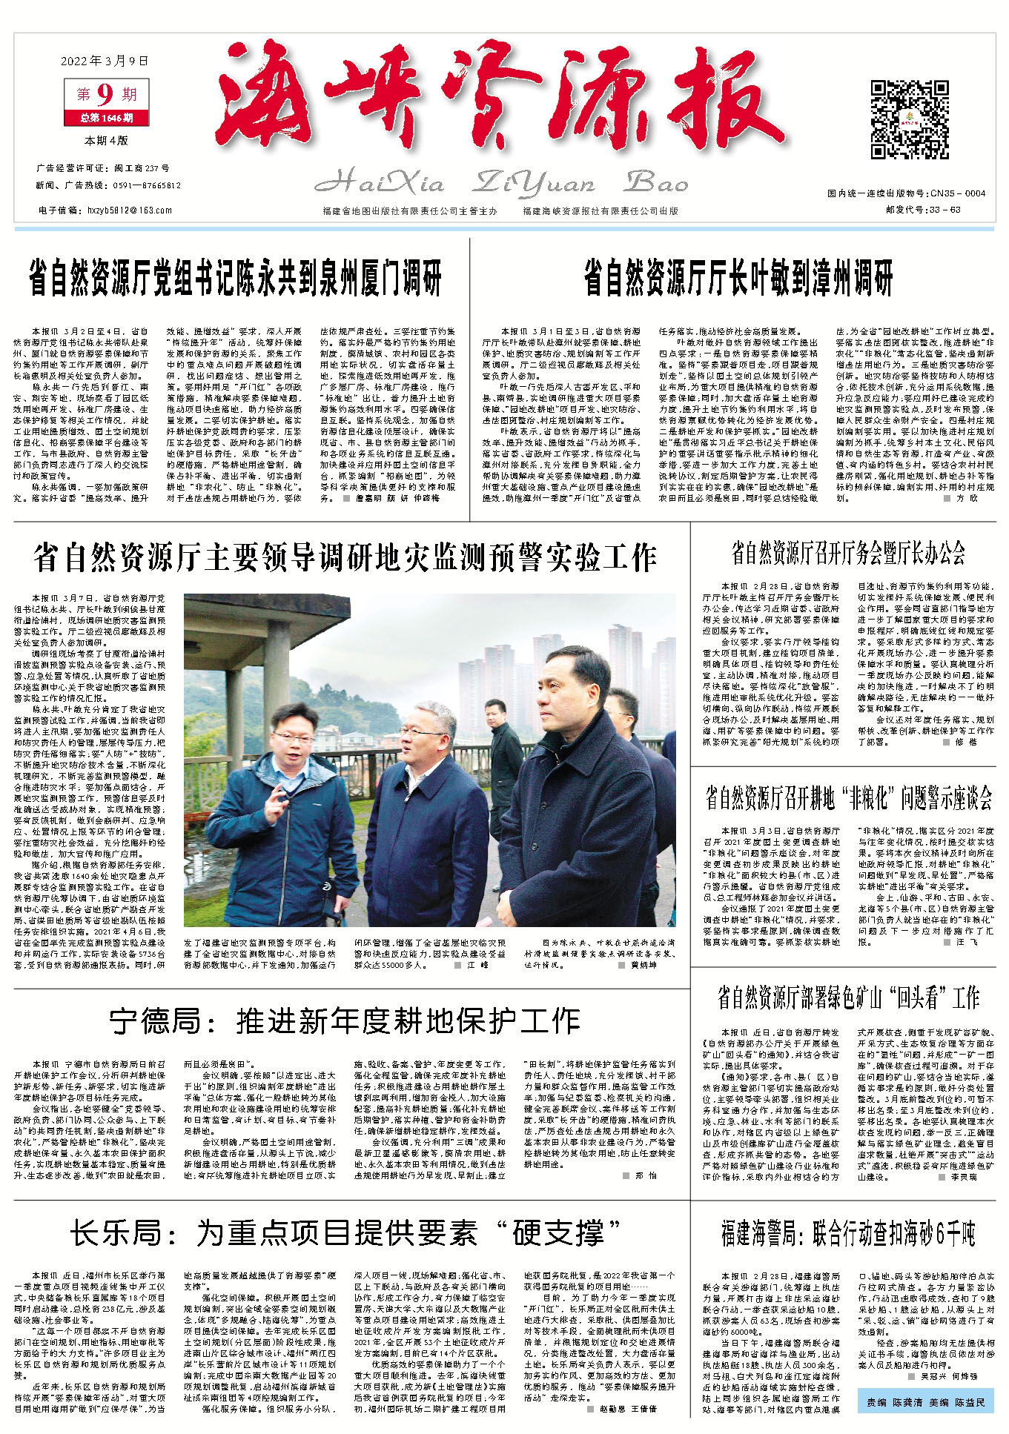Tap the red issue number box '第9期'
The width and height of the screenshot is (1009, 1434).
click(107, 94)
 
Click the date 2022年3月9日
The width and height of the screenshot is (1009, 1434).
click(107, 61)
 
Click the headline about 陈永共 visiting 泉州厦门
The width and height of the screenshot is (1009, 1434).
click(235, 279)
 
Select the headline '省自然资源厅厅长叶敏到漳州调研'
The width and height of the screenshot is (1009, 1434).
click(738, 279)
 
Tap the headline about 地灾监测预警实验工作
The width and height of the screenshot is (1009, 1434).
click(345, 557)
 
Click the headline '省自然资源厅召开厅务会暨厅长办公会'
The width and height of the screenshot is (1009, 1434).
click(848, 552)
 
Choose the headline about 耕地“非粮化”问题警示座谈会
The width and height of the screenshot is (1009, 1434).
click(848, 797)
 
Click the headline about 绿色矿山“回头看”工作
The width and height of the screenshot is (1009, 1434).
click(848, 998)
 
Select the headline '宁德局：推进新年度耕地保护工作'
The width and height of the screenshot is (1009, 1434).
click(345, 1021)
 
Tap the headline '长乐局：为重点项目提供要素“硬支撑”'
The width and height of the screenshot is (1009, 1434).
click(345, 1235)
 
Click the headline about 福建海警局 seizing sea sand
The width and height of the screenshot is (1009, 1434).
click(848, 1235)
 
